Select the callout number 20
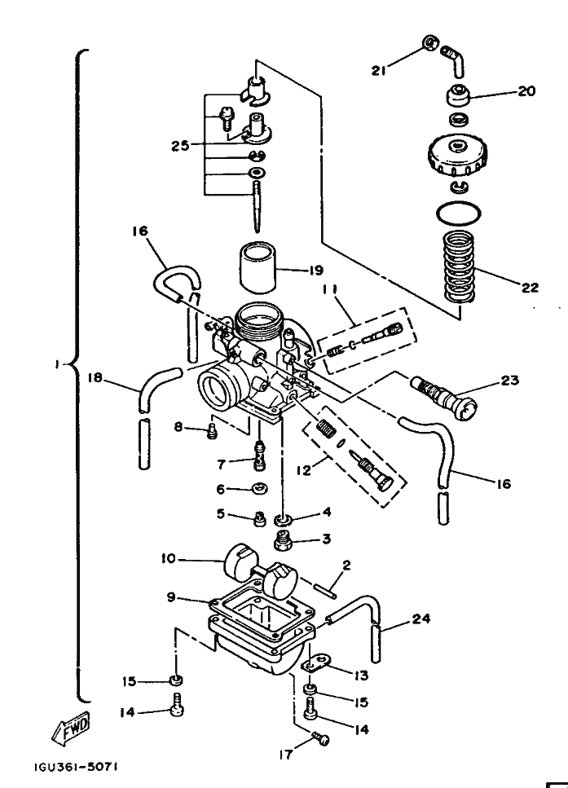point(527,91)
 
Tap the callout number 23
point(511,380)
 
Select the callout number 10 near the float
point(168,559)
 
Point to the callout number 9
point(171,598)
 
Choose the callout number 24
point(420,619)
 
